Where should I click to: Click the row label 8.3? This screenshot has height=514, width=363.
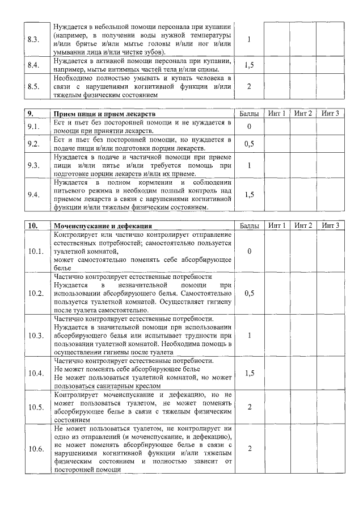point(33,39)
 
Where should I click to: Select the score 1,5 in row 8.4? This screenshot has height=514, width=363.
point(249,65)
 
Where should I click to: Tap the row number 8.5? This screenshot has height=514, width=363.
point(33,87)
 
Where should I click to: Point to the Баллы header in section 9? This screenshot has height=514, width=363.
point(249,114)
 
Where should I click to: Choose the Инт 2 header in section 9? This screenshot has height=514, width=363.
point(303,114)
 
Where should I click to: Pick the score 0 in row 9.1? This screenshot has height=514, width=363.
point(249,127)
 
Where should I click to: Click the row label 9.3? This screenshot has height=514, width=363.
point(33,165)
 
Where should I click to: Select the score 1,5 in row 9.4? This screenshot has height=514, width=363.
point(249,195)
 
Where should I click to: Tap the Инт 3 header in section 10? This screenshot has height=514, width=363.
point(330,226)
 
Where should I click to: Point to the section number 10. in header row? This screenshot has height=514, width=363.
point(33,226)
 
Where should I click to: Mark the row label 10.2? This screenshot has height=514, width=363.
point(36,294)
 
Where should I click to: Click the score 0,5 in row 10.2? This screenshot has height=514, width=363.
point(249,294)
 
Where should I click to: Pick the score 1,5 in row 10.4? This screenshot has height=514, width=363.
point(249,373)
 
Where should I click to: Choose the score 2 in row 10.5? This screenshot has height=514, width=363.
point(249,407)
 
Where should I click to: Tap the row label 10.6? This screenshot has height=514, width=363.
point(36,449)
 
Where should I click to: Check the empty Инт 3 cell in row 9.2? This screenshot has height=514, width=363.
point(330,144)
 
